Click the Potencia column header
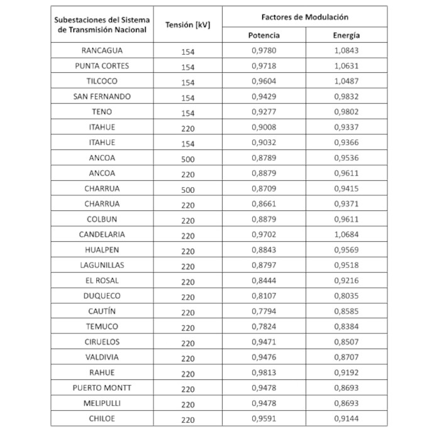coord(264,35)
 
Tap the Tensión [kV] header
coord(187,25)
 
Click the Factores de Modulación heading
coord(305,16)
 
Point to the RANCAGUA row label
coord(103,50)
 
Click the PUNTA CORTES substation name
coord(103,66)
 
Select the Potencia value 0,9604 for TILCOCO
coord(264,82)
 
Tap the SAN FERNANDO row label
coord(103,97)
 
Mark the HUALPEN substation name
coord(103,250)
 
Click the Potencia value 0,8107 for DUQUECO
coord(264,296)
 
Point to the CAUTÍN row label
coord(103,312)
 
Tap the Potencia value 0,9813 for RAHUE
coord(264,373)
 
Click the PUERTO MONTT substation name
coord(103,388)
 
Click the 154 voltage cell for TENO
coord(187,112)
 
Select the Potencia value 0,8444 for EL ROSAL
coord(264,281)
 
